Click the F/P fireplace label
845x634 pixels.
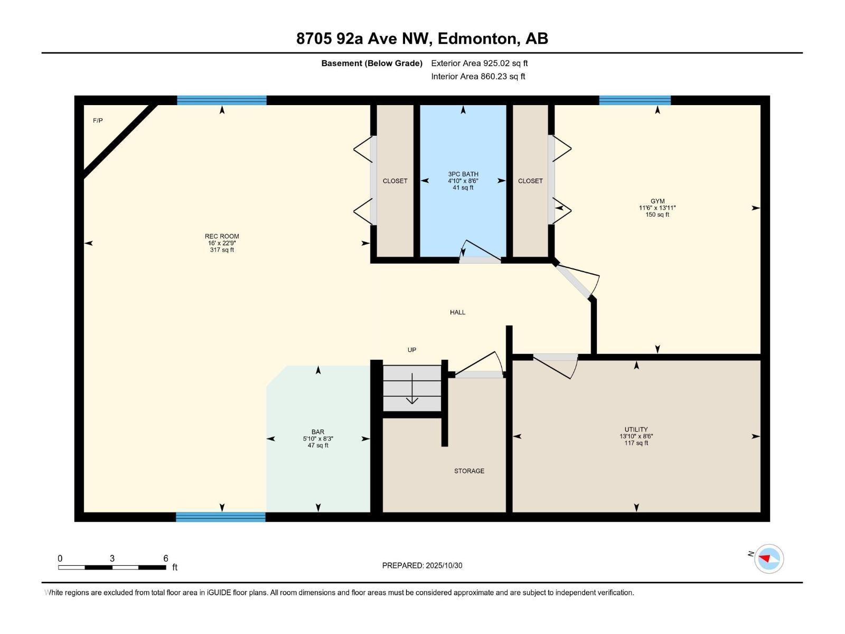coord(98,120)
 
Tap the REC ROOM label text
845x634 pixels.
coord(222,236)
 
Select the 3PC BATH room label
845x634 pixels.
coord(463,174)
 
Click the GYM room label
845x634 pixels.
coord(658,201)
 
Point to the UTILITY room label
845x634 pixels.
coord(636,430)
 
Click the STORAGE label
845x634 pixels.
coord(469,471)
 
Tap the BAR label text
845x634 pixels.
coord(318,432)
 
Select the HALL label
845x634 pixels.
coord(457,312)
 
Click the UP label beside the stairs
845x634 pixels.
coord(412,350)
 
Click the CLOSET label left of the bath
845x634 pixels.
coord(395,181)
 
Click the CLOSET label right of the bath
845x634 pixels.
coord(530,181)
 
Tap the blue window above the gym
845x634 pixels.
coord(635,100)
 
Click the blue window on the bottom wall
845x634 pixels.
coord(221,517)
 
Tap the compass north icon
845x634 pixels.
coord(768,558)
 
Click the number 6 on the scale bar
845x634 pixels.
coord(165,558)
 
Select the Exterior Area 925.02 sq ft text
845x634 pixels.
coord(479,63)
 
